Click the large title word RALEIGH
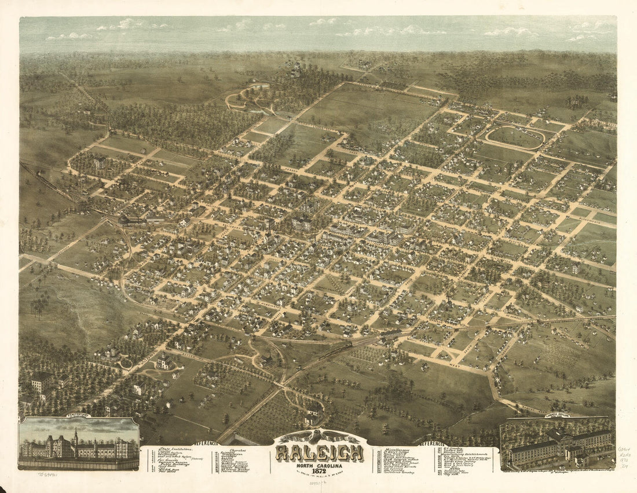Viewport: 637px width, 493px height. coord(319,452)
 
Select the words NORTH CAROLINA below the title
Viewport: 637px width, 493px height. coord(319,465)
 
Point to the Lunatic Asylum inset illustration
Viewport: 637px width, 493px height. coord(558,445)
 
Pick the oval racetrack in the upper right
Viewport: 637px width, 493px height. coord(515,137)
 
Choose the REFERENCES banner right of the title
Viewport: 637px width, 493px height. coord(431,443)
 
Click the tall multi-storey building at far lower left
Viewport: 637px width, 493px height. coord(42,382)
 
